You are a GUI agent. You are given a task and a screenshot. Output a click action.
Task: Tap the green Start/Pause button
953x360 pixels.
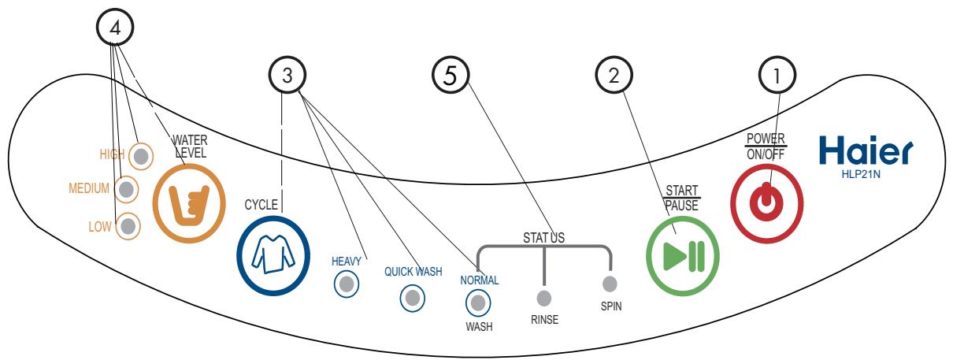[x=682, y=256]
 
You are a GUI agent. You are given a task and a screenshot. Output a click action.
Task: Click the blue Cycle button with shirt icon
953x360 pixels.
[x=273, y=255]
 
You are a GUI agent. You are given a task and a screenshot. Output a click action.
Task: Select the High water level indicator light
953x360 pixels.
[x=141, y=156]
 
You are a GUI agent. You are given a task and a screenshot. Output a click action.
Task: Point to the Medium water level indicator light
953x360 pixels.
[x=126, y=189]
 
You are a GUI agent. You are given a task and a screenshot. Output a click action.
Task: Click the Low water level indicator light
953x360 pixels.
[x=128, y=226]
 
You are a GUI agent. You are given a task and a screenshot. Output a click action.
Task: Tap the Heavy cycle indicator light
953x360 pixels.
[x=347, y=284]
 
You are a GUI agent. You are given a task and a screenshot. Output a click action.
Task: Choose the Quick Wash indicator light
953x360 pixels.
[x=412, y=298]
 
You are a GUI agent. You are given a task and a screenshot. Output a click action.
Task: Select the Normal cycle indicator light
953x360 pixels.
[x=478, y=302]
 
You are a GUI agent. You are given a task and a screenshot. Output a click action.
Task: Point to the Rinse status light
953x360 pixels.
[x=544, y=298]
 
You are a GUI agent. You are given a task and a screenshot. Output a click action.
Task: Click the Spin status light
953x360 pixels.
[x=610, y=284]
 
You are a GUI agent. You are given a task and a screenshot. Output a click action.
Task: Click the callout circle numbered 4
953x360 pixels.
[x=115, y=28]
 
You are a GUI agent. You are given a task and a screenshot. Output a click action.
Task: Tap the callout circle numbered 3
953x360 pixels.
[x=287, y=75]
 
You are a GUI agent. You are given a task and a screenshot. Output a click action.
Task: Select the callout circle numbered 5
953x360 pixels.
[x=451, y=75]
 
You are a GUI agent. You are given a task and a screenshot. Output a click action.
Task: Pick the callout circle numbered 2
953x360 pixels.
[x=614, y=75]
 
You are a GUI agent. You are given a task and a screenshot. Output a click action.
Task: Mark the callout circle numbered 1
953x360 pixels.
[x=777, y=75]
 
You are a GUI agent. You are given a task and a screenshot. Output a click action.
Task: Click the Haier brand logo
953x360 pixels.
[x=866, y=150]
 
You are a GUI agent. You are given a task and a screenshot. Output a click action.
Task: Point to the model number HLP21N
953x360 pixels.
[x=861, y=174]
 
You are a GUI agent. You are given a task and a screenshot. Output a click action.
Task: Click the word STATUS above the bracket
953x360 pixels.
[x=543, y=237]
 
